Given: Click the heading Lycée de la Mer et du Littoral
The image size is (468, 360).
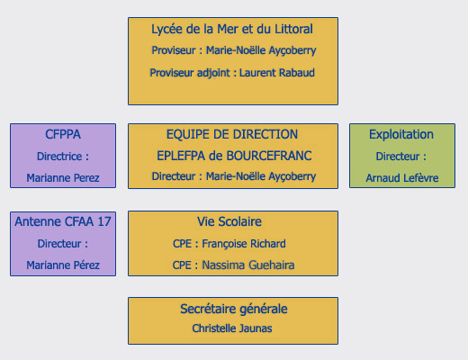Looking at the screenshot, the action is pos(232,29).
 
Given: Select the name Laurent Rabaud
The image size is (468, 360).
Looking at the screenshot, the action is pos(277,73).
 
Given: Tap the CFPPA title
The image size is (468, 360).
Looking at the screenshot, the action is pos(63,134).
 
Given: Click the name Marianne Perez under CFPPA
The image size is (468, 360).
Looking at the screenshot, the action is pos(63,178).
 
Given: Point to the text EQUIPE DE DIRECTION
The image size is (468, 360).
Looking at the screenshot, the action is pos(232,134).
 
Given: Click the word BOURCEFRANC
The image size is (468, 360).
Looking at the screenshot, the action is pos(269,156).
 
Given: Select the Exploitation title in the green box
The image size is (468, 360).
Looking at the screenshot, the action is pos(401,135).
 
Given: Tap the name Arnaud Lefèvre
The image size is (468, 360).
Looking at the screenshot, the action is pos(402,178).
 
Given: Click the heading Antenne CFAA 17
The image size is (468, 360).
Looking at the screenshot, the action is pos(63,221).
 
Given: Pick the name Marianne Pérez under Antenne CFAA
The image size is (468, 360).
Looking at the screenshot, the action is pos(63,265).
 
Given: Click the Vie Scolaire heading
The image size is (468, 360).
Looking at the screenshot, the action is pos(229,221).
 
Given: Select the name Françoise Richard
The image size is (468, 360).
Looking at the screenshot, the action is pos(244,244).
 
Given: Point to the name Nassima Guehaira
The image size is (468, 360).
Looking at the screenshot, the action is pos(248,265).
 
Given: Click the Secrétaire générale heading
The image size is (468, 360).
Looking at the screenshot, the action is pos(234,309).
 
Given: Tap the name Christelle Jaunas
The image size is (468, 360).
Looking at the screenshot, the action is pos(232,328).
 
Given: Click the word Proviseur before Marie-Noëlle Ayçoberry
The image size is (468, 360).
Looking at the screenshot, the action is pos(174,50).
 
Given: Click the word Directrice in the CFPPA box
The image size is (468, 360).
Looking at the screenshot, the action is pos(59,157).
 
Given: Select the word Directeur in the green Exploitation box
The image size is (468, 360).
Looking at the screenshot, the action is pos(398,157).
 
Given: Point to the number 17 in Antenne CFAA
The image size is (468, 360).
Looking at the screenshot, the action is pos(104,221).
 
